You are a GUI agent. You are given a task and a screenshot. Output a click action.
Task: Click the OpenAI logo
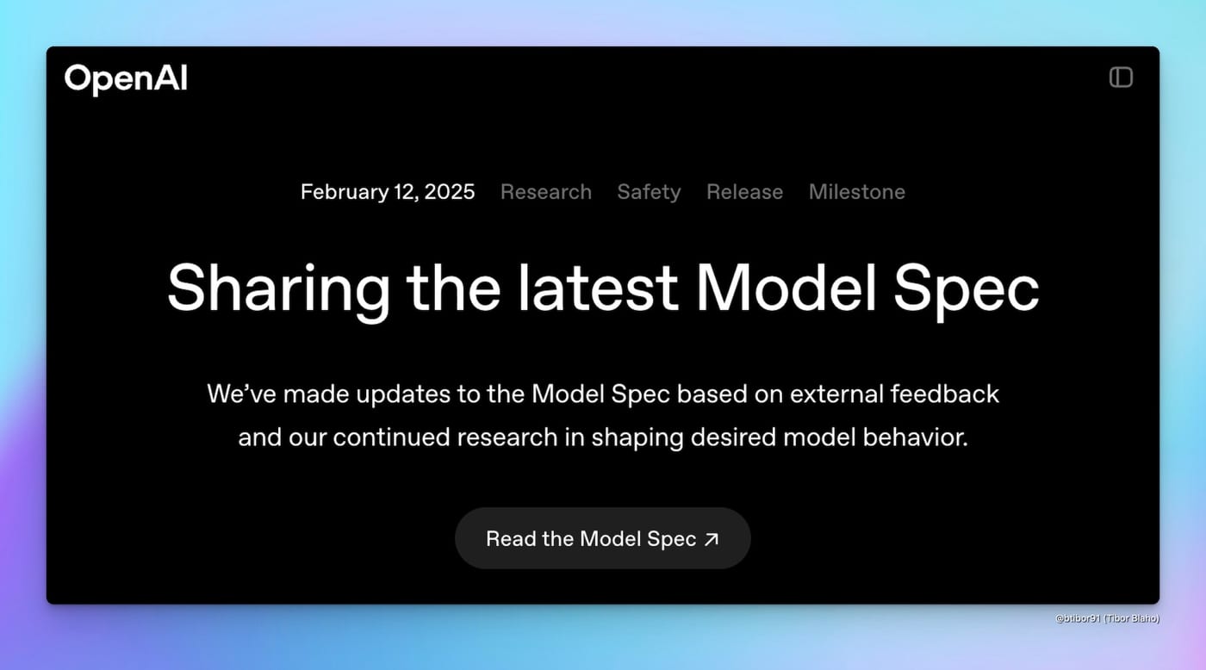[126, 79]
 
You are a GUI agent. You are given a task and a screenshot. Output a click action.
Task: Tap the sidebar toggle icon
[1121, 78]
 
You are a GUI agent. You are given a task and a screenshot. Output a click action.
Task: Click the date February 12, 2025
[388, 192]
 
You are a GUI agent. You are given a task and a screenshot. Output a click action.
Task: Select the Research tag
[546, 192]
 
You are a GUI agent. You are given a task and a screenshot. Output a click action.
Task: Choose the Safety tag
[649, 192]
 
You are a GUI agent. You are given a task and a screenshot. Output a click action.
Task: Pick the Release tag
[744, 192]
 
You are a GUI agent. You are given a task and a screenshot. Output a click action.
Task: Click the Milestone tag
[856, 192]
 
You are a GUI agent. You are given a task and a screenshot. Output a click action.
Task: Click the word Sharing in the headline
[278, 290]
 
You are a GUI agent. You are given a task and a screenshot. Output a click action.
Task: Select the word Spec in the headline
[967, 290]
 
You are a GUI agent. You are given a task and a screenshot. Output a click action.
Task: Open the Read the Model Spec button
[603, 538]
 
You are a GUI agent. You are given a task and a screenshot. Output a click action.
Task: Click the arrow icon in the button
[712, 539]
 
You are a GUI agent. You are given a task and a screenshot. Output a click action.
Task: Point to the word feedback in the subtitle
[944, 394]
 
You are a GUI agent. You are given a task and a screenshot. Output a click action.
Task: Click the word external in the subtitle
[836, 394]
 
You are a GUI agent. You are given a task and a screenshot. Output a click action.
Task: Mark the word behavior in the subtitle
[915, 437]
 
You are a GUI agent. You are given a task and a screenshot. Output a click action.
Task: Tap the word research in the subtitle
[507, 437]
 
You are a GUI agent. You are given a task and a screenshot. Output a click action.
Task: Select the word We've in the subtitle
[242, 394]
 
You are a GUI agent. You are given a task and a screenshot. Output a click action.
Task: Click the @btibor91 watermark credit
[1107, 618]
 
